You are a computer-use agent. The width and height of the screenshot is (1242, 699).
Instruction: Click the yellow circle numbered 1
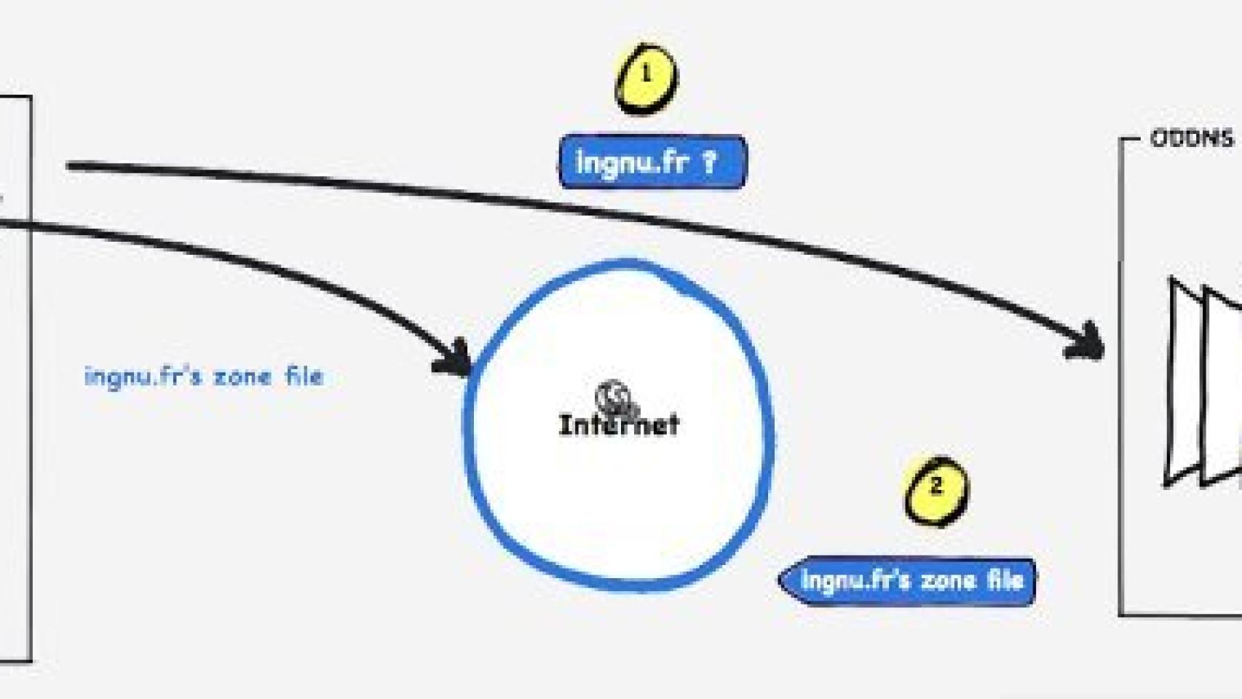(x=646, y=79)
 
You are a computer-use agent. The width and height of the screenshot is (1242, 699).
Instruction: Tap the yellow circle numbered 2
(x=936, y=490)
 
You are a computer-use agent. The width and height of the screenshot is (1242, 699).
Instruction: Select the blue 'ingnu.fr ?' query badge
(x=652, y=162)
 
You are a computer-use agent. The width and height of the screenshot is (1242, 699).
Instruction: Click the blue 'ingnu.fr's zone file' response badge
(x=909, y=581)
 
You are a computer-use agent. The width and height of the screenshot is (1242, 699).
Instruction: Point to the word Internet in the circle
(x=619, y=424)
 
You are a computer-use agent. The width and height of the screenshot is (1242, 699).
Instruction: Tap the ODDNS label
(x=1192, y=138)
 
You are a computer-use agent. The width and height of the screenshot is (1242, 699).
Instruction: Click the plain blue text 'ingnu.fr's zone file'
(x=204, y=376)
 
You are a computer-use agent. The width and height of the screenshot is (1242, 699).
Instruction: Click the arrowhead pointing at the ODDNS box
(x=1087, y=341)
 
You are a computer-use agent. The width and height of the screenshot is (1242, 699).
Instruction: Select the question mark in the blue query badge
(x=708, y=162)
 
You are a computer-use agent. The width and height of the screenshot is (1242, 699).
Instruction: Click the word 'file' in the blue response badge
(x=1005, y=580)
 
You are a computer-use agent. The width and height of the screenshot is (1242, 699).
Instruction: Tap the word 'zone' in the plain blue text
(x=242, y=377)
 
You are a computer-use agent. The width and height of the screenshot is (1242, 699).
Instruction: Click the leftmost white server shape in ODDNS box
(x=1183, y=382)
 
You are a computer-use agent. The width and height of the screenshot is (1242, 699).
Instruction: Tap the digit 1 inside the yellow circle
(x=646, y=74)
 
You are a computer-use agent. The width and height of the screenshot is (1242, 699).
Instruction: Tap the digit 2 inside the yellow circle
(x=936, y=486)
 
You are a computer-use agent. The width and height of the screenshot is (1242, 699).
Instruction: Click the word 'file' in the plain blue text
(x=304, y=376)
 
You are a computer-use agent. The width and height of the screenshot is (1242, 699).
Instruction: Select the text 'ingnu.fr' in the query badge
(x=632, y=162)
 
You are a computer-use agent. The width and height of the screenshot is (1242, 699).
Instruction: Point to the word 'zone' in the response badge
(x=949, y=581)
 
